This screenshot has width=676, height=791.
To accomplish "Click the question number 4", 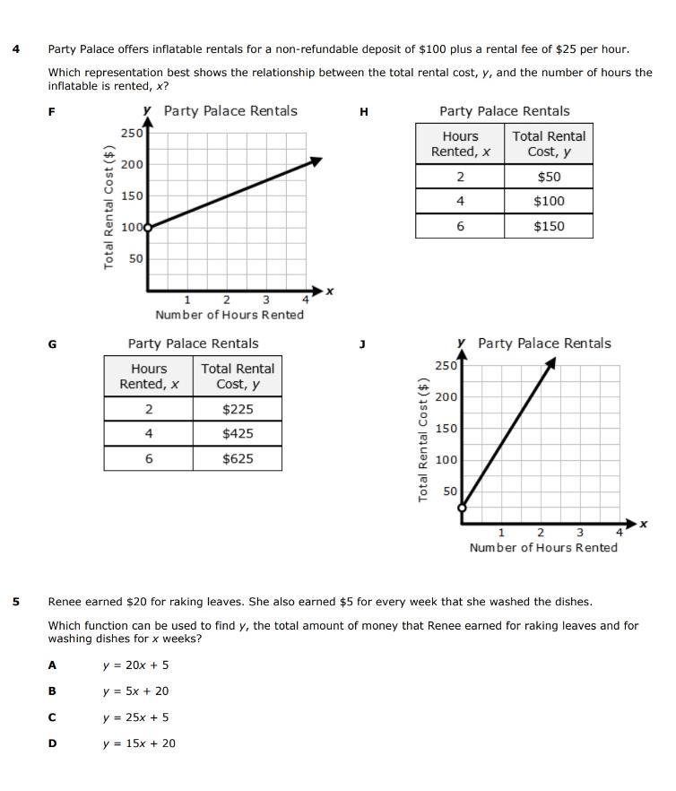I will click(x=16, y=49).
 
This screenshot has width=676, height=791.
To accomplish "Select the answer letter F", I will click(x=52, y=112).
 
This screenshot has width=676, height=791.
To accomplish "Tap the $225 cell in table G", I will click(x=238, y=409).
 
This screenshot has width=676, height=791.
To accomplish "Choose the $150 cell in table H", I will click(x=549, y=226).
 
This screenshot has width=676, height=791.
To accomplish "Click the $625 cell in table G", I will click(x=238, y=458).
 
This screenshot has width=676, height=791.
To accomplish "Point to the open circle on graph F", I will click(x=149, y=228).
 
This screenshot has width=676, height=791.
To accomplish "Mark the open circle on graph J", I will click(x=463, y=508).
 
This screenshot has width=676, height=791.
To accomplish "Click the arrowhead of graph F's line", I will click(x=316, y=161).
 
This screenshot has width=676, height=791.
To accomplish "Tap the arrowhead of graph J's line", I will click(x=551, y=362).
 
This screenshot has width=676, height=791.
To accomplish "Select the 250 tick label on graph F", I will click(x=132, y=133).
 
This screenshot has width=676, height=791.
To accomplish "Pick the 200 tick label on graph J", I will click(x=446, y=396).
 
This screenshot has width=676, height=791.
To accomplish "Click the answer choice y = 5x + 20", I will click(x=135, y=691).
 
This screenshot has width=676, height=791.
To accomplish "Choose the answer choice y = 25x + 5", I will click(x=135, y=717).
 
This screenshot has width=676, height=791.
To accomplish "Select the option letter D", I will click(x=52, y=743).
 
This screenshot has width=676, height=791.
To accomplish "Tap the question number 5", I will click(x=16, y=601).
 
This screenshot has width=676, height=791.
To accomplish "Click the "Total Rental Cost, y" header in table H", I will click(x=549, y=143).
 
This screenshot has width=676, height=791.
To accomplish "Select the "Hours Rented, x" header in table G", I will click(x=149, y=376).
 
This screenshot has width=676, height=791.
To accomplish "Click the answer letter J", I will click(x=363, y=344).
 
